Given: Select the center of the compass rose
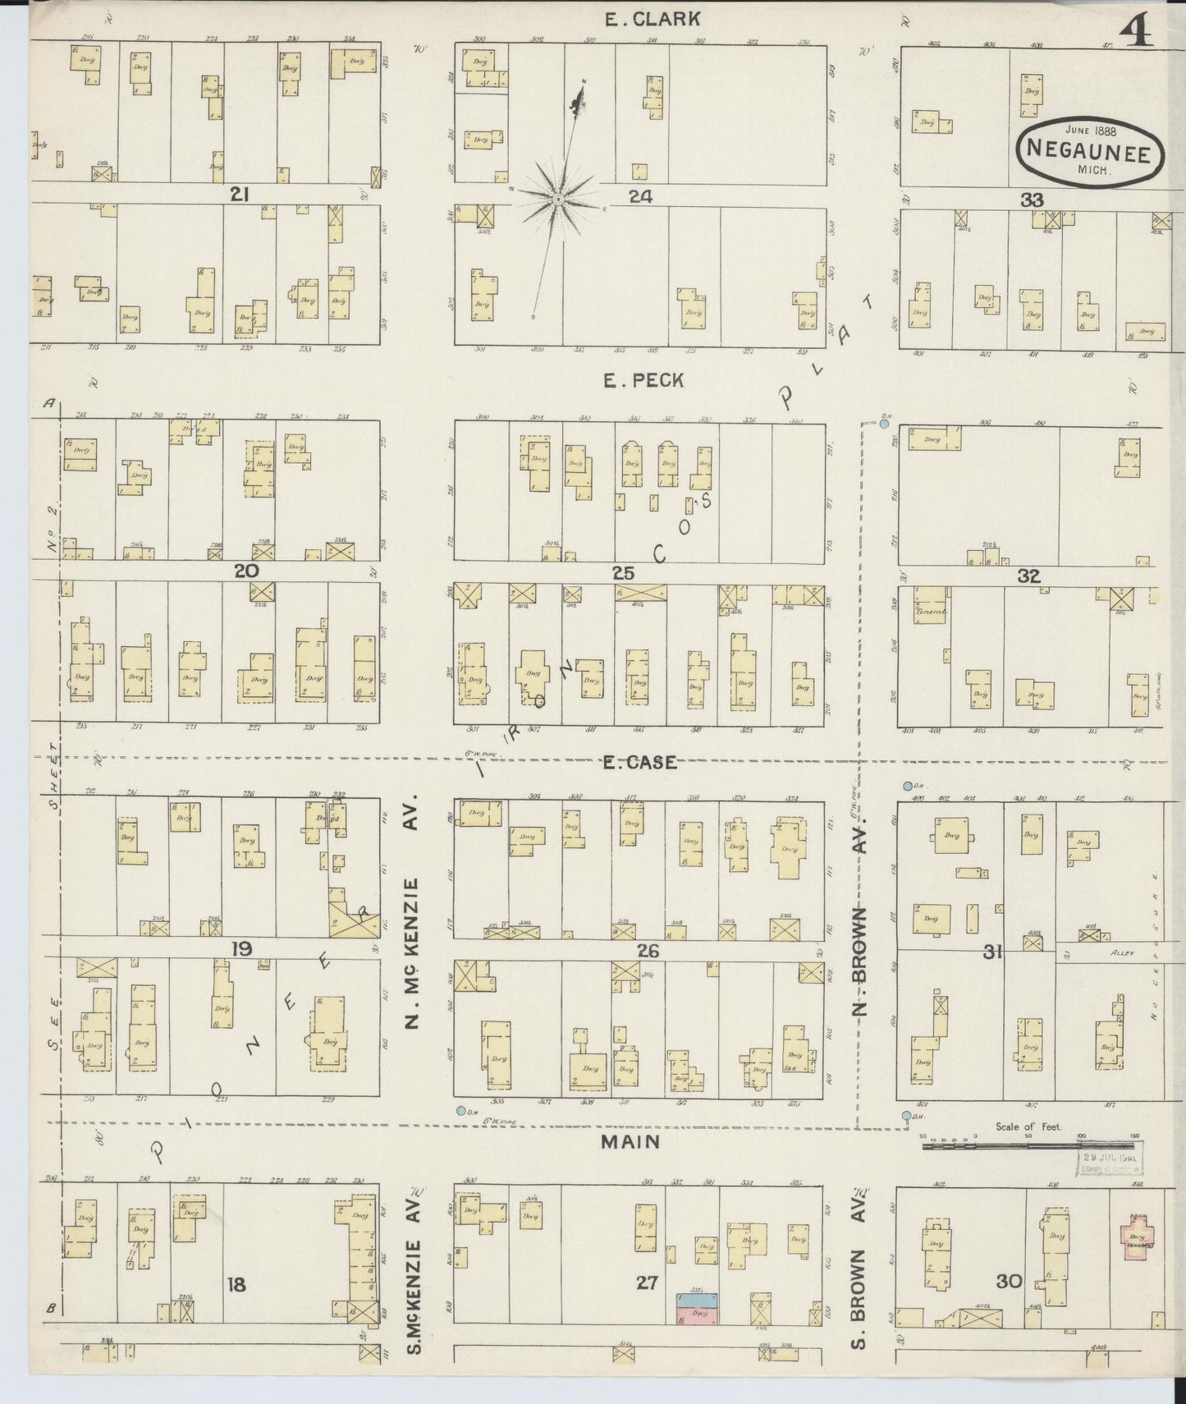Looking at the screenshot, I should point(558,200).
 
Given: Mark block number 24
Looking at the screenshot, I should point(641,196).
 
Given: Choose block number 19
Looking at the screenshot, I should point(240,950).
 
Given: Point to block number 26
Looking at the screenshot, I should point(648,952).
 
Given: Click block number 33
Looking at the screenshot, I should point(1032,200).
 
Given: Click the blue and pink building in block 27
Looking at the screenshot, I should point(696,1309).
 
